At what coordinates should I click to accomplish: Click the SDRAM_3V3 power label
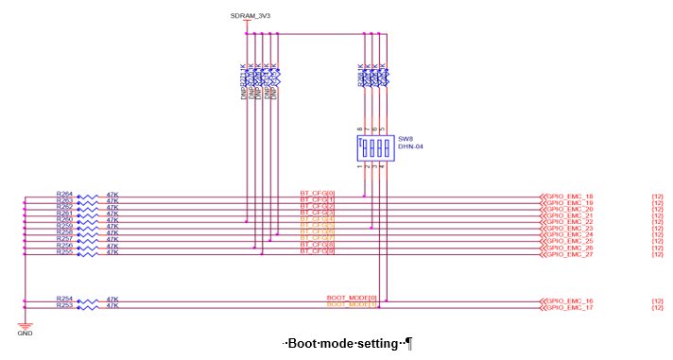[250, 16]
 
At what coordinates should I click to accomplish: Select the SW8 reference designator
[404, 138]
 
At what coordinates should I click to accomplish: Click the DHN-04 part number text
[408, 146]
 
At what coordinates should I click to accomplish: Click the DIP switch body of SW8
[374, 147]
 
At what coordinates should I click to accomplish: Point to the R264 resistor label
[64, 195]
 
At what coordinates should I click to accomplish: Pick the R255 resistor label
[64, 252]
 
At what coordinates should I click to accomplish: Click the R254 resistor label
[64, 299]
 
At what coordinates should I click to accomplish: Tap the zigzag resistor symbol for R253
[88, 306]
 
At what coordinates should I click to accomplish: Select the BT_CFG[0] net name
[318, 194]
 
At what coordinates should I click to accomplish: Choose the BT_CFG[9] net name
[318, 251]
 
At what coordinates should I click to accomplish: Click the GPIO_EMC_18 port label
[569, 197]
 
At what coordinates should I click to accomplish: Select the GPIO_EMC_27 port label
[569, 254]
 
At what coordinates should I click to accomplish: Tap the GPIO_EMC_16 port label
[569, 300]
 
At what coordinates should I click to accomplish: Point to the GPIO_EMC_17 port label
[569, 307]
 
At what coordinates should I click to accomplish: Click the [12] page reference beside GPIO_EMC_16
[657, 300]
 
